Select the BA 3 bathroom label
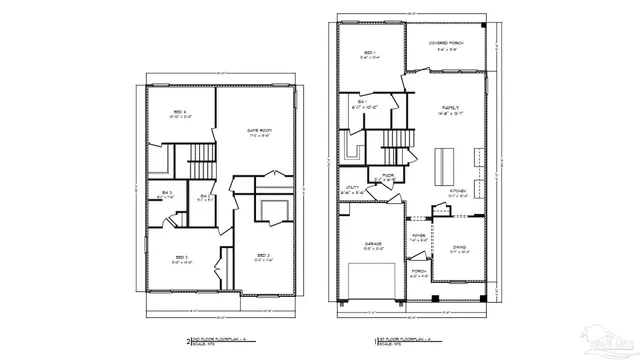167,193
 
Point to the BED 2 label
180,258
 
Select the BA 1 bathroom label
361,101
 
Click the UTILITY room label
352,187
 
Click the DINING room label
459,248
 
